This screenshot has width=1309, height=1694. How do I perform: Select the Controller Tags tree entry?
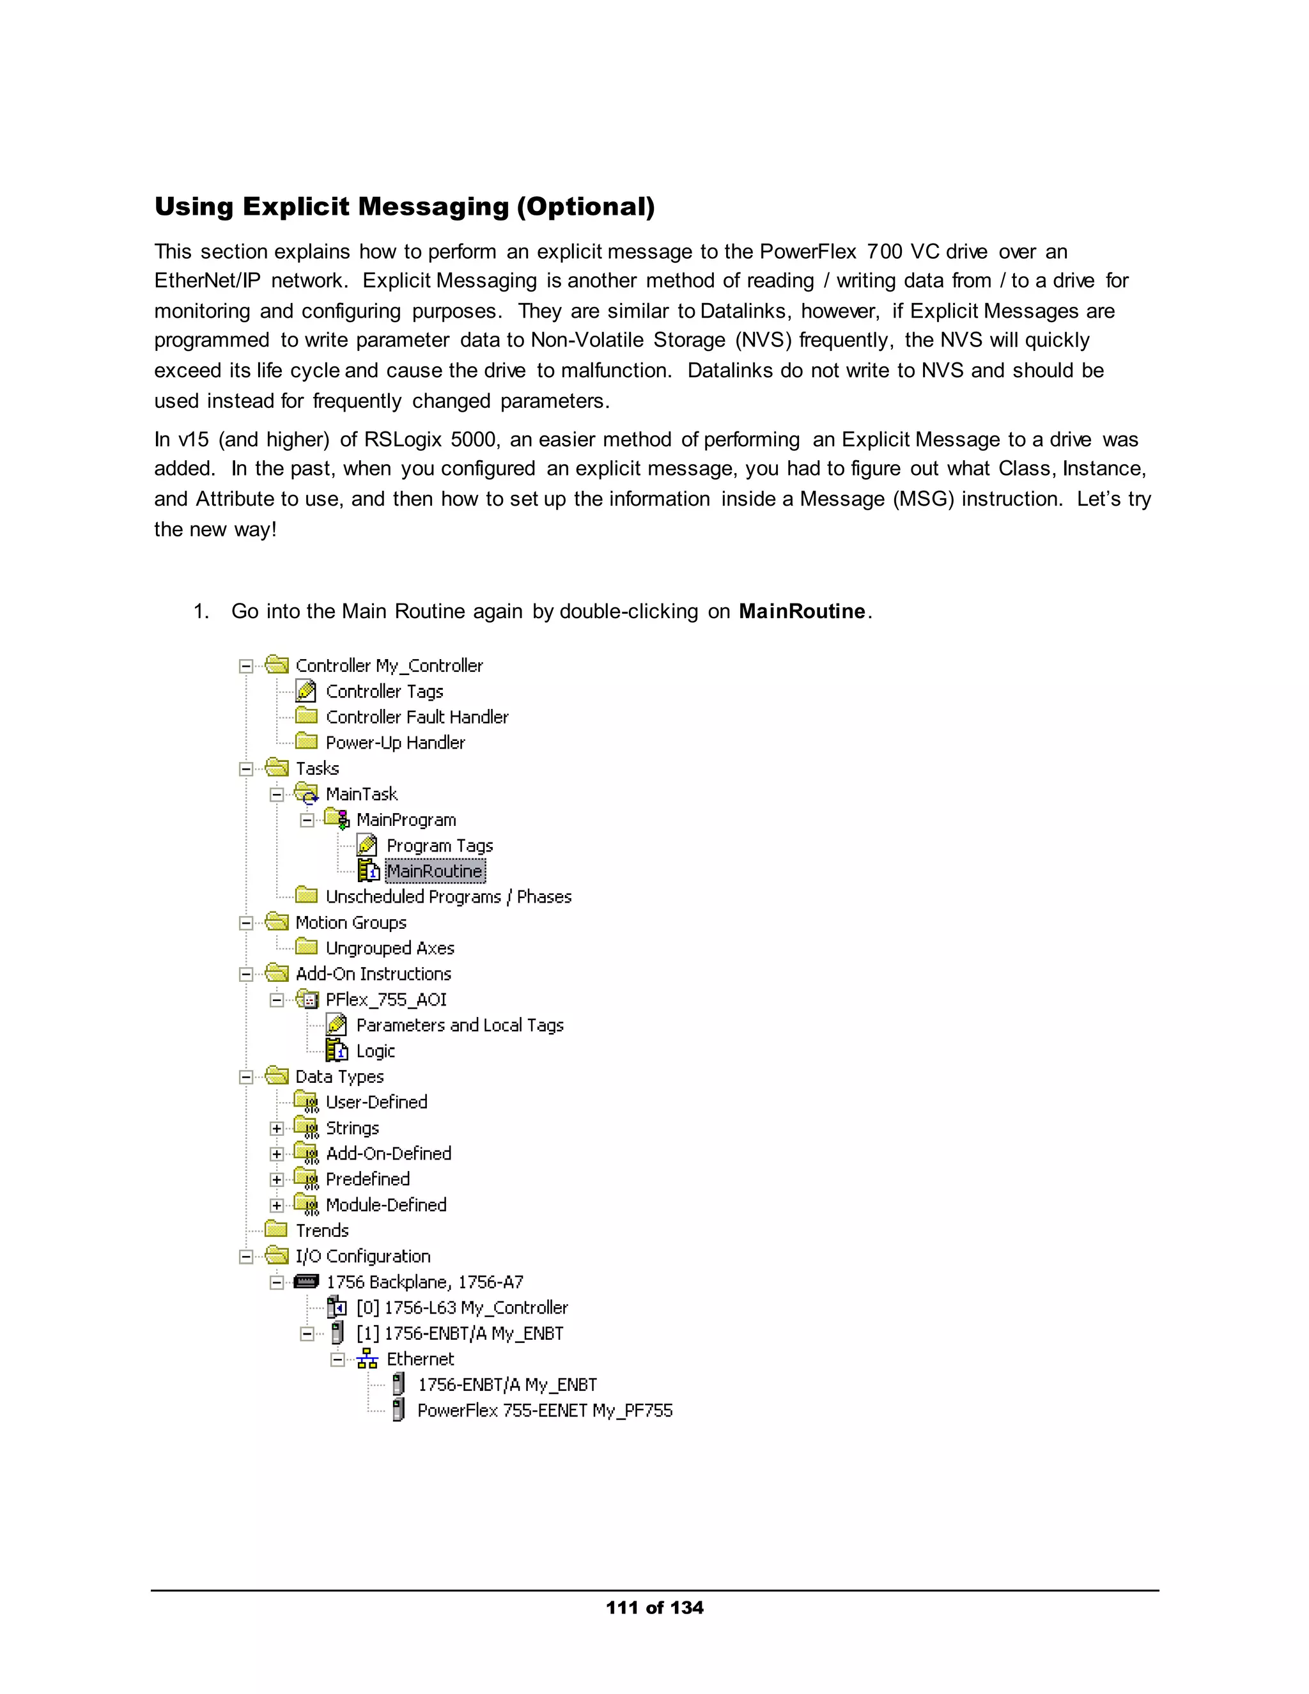coord(384,691)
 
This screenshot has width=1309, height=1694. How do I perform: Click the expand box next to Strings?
coord(277,1128)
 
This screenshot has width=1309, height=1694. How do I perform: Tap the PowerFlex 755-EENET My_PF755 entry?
coord(545,1410)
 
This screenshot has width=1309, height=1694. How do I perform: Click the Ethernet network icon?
coord(368,1359)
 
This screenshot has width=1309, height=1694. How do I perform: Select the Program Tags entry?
coord(440,846)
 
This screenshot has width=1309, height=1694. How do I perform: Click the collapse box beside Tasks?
coord(246,768)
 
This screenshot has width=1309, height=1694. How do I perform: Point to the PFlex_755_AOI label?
coord(386,999)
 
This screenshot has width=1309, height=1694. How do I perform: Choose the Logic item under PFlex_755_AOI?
coord(375,1051)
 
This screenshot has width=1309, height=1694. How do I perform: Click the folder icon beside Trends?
coord(276,1230)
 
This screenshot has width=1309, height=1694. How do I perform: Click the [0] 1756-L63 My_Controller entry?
coord(462,1308)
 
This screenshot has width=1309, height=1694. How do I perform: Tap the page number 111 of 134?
coord(654,1607)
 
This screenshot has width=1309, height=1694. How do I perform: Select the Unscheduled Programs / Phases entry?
coord(448,897)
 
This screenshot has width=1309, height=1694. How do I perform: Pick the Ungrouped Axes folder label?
coord(390,948)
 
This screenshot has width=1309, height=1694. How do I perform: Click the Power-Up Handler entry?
coord(395,742)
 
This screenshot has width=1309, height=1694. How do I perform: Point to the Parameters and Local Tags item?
coord(460,1025)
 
